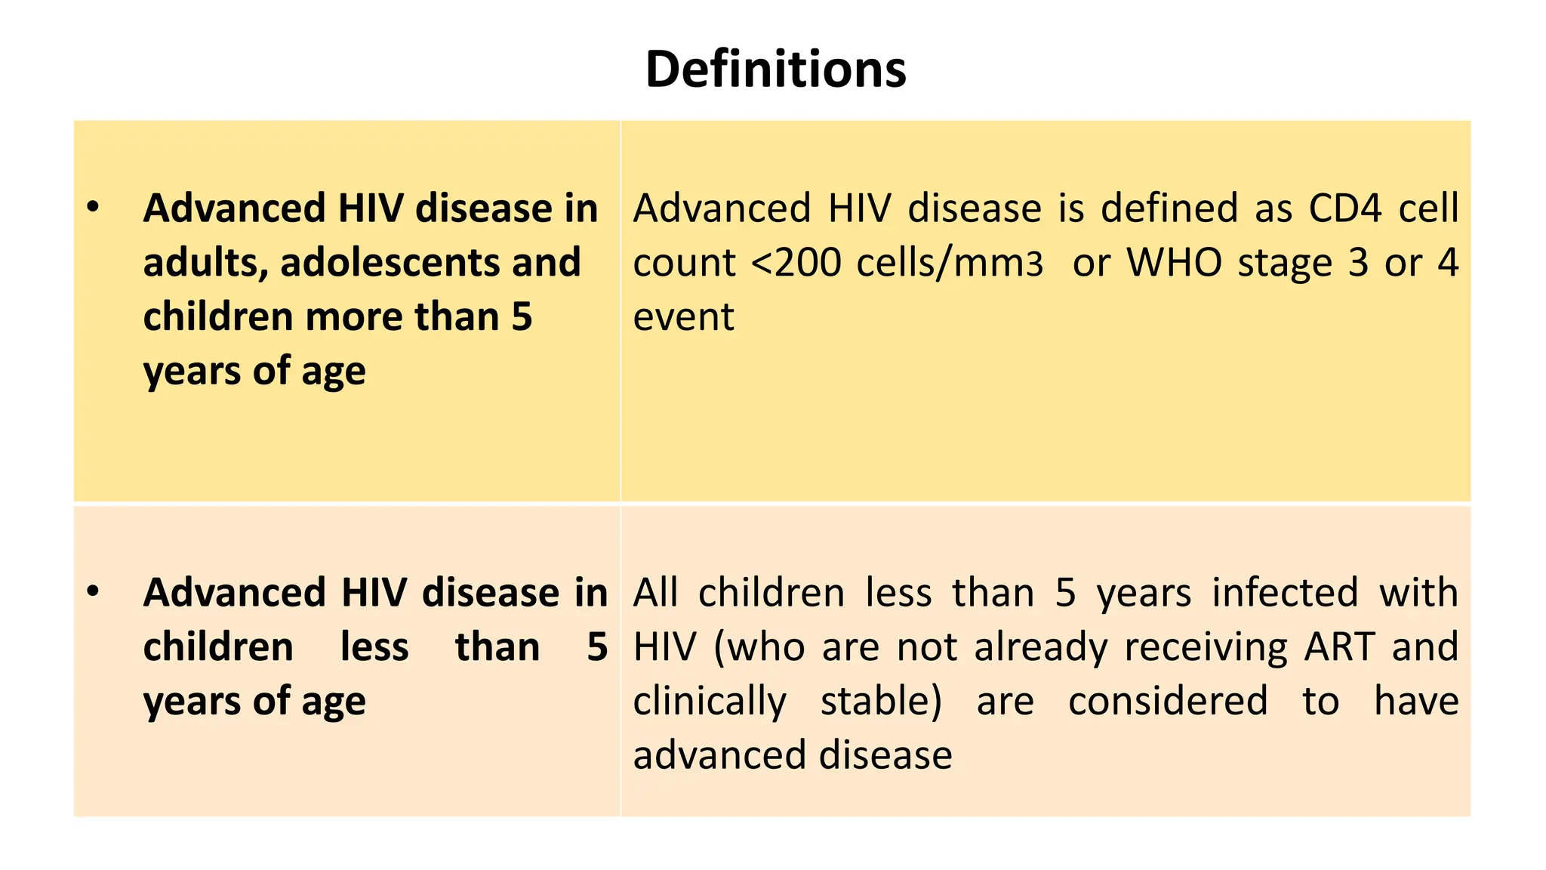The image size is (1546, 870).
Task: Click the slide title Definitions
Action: tap(775, 69)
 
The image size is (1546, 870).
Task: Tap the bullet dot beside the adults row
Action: tap(93, 207)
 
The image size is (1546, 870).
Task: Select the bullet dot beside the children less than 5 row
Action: tap(93, 591)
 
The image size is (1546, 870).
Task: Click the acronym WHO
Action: tap(1174, 263)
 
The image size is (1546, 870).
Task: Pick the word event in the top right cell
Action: tap(683, 317)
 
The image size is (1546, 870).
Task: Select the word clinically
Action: tap(710, 702)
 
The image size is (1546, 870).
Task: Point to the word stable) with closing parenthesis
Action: tap(881, 702)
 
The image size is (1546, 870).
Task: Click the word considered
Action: tap(1168, 702)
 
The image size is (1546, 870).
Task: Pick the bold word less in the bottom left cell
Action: tap(374, 647)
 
